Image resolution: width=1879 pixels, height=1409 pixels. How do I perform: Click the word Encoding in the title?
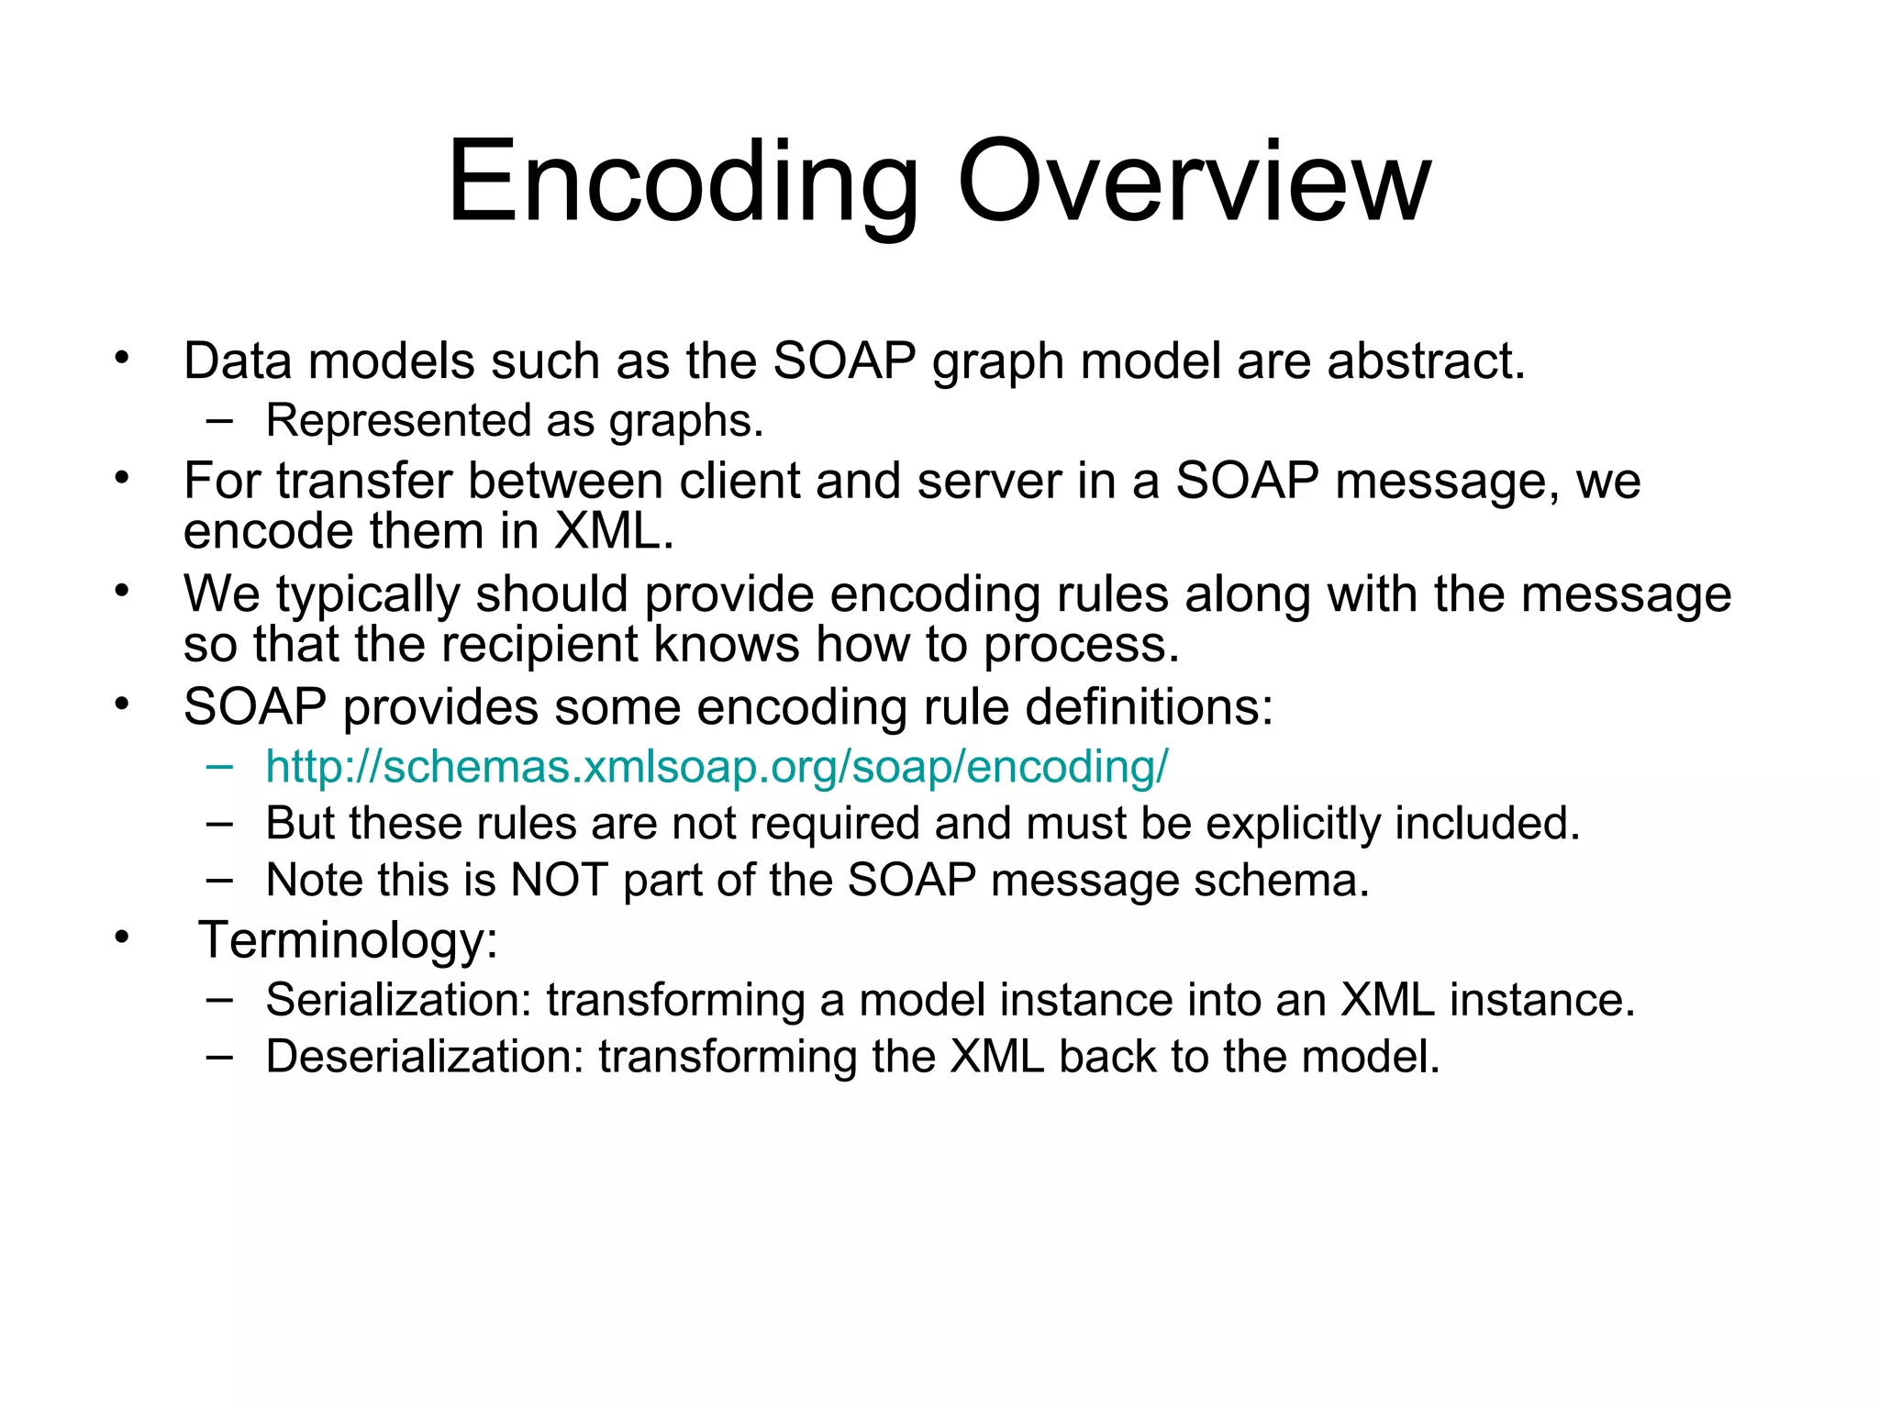coord(683,183)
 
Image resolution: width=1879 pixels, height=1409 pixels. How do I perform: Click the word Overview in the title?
coord(1193,183)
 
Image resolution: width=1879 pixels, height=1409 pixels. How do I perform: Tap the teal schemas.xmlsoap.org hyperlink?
coord(717,767)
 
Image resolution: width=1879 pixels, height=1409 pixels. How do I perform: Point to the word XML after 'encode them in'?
coord(612,532)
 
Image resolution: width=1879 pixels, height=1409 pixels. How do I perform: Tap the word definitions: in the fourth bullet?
coord(1149,708)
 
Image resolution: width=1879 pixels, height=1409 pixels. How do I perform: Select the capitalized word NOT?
coord(559,881)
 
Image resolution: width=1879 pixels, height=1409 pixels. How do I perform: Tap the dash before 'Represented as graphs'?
coord(219,422)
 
